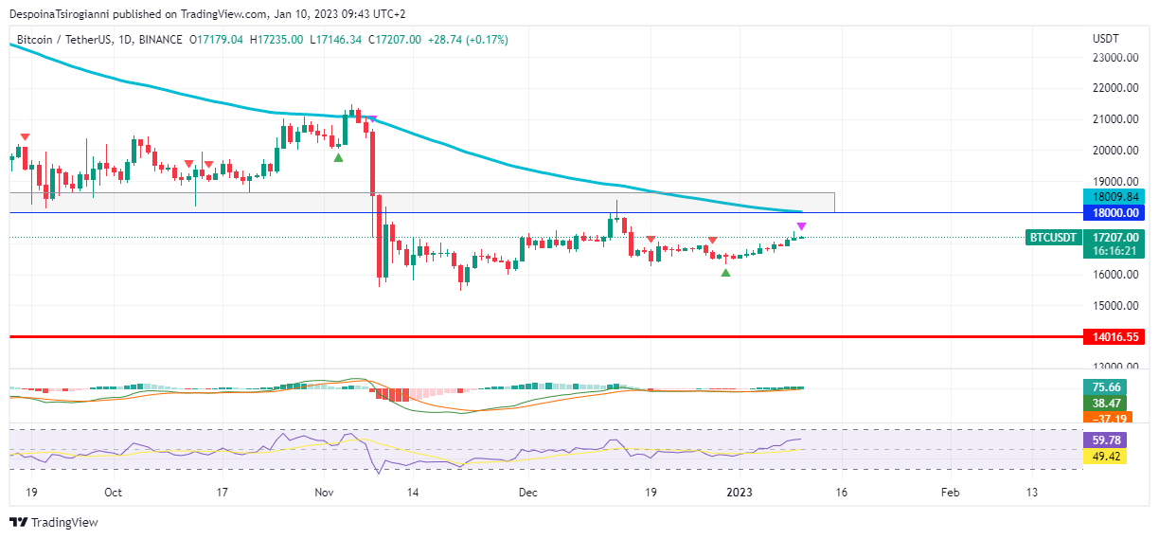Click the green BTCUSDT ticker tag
[x=1054, y=238]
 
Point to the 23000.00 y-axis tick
[x=1114, y=58]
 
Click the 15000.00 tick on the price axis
[x=1114, y=306]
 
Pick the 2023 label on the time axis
[x=738, y=493]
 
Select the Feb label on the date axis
[x=950, y=493]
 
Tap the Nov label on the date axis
[x=325, y=493]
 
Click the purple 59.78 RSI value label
[x=1107, y=440]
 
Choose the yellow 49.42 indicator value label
[x=1107, y=457]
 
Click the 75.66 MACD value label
[x=1107, y=386]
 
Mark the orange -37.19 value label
[x=1107, y=419]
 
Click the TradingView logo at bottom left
[x=54, y=522]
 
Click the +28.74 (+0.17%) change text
[x=468, y=40]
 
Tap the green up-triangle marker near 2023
[x=725, y=273]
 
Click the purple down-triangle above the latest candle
[x=801, y=226]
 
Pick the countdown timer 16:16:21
[x=1114, y=252]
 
